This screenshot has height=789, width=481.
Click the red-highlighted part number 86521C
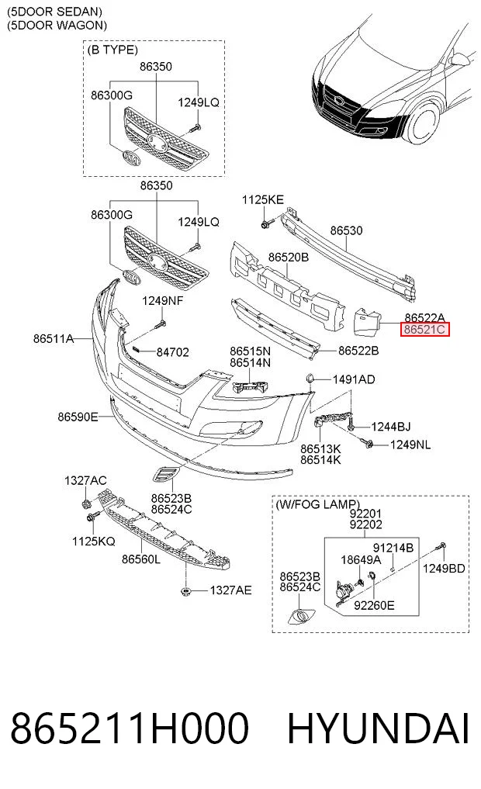424,330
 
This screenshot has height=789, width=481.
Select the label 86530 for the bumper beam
346,230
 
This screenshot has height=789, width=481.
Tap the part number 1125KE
263,199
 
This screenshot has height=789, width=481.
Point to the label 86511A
54,339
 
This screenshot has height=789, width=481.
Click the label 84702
172,352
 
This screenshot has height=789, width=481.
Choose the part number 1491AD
354,379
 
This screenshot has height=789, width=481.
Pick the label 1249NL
410,445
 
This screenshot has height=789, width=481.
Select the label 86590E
78,417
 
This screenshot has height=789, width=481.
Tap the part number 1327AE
230,590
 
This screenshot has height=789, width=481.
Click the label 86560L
141,559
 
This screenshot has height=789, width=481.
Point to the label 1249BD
444,569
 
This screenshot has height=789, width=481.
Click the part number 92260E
374,605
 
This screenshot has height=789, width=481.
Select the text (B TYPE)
112,50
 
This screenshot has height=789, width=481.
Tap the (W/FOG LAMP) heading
317,504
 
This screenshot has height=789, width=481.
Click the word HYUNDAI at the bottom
379,728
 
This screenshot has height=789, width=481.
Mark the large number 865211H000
130,728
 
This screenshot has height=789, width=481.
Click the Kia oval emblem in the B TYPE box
131,159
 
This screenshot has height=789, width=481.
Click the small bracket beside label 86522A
367,322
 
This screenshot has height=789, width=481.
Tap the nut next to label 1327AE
186,590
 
